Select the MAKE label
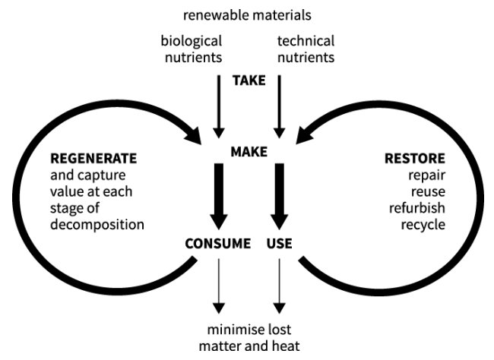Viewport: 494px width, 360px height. click(249, 152)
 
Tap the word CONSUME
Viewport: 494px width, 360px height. click(218, 244)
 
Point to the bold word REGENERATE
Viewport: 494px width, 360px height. click(93, 159)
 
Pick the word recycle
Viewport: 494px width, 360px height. click(423, 225)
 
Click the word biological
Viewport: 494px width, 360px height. click(192, 41)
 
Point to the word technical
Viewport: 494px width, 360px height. click(306, 41)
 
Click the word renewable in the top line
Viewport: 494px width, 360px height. click(214, 14)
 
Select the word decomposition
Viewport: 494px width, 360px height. click(97, 225)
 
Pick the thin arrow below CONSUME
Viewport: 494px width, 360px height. click(219, 285)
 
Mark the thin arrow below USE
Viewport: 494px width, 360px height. click(280, 285)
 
